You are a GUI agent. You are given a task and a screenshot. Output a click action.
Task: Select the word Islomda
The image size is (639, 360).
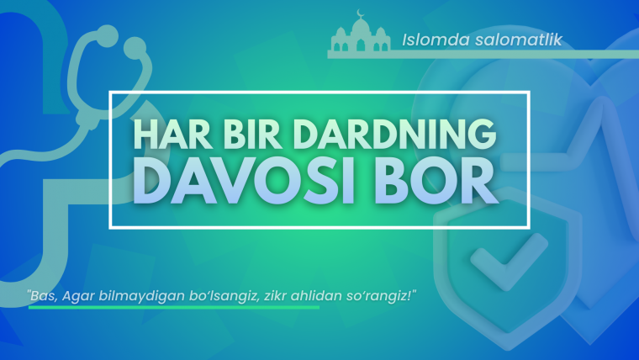tap(430, 39)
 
